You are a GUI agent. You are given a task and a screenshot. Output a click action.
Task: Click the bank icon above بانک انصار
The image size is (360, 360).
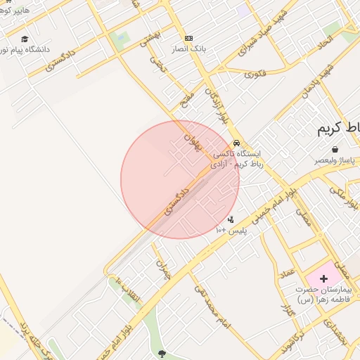188,38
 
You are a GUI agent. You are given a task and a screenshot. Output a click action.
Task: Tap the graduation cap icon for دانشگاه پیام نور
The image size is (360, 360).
25,39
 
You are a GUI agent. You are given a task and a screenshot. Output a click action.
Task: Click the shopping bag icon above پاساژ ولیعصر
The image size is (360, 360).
335,149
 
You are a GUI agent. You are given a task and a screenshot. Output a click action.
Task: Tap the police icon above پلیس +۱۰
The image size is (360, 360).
231,219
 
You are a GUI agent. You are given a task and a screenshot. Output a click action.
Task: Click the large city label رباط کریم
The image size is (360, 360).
337,128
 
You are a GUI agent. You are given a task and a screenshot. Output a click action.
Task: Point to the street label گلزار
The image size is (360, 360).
285,307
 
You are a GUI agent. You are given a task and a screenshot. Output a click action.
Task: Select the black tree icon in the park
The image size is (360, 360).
163,353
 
